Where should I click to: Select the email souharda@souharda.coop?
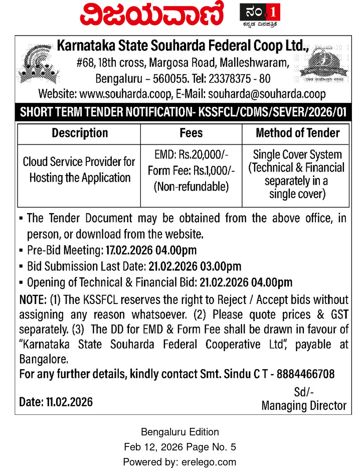coord(267,94)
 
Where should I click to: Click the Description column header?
coord(80,133)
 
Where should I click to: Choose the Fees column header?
coord(191,133)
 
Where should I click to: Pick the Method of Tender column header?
coord(297,133)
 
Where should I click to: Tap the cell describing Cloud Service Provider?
coord(79,170)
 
